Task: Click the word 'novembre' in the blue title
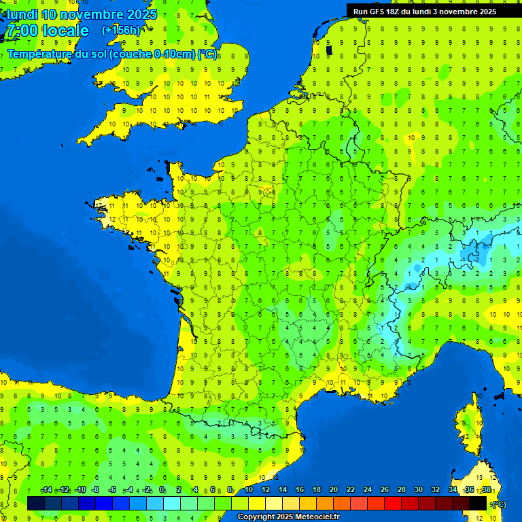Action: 92,14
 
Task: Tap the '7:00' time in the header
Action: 21,31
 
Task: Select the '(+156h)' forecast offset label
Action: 121,31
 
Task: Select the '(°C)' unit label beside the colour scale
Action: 498,504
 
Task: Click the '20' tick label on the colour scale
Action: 333,490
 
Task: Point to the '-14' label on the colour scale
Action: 46,490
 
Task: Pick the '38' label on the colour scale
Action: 486,490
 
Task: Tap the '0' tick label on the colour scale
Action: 162,490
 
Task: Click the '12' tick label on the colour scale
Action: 265,490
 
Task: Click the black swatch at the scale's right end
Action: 478,504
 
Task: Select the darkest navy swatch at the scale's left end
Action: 36,504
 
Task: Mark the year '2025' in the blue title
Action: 142,14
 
